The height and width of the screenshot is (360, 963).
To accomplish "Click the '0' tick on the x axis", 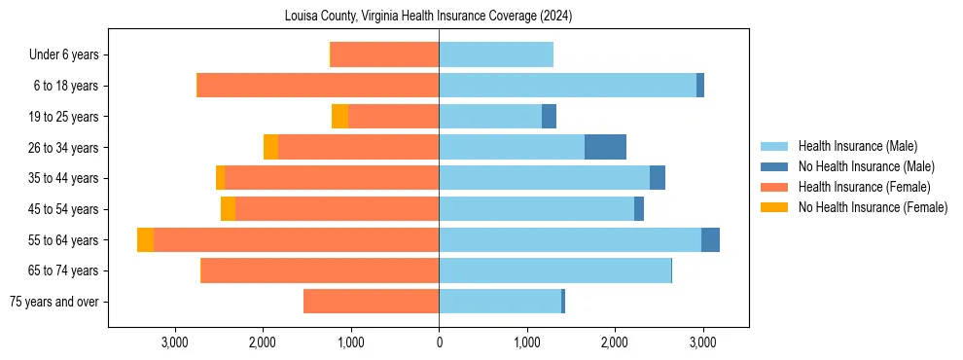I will (439, 342).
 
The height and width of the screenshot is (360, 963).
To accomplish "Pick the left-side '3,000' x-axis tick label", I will (175, 342).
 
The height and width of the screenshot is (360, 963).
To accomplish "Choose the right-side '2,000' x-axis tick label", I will (615, 342).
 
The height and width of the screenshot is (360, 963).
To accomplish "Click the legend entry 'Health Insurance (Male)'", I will (857, 146).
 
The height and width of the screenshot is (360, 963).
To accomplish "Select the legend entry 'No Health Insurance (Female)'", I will (873, 207).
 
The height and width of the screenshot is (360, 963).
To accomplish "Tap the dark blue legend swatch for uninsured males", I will (775, 166).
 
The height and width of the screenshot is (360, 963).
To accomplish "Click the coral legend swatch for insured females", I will (775, 187).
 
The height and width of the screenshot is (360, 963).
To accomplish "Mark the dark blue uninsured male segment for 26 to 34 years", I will (605, 147).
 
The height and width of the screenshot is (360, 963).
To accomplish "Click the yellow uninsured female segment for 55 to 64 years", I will (145, 240).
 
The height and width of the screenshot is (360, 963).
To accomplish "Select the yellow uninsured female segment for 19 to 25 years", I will (339, 117).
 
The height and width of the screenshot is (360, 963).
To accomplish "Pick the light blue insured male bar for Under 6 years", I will (496, 54).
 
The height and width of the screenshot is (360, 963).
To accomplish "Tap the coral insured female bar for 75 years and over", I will (371, 302).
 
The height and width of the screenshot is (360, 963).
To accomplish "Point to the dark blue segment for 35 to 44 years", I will (658, 178).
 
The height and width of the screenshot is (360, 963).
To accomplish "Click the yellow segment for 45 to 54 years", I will (228, 209).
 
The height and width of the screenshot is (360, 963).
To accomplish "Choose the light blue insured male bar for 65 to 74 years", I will (554, 270).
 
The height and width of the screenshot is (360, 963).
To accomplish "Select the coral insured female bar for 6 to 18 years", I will (318, 86).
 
